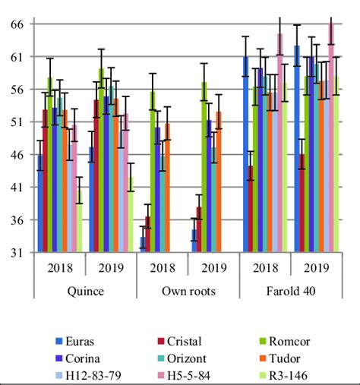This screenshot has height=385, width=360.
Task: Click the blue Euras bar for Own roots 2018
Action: point(143,245)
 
